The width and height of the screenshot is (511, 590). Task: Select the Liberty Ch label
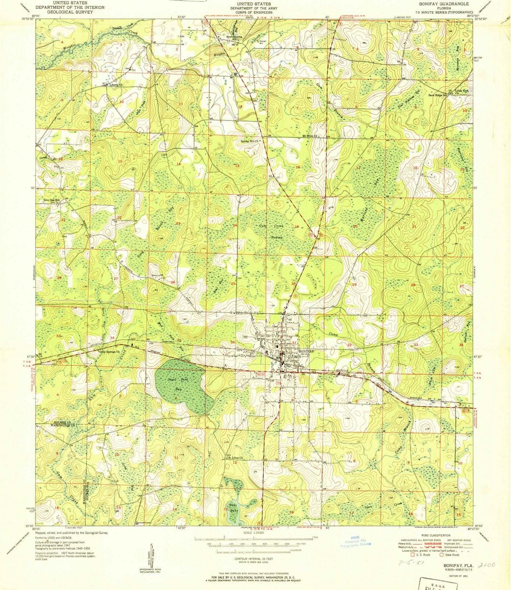(116, 85)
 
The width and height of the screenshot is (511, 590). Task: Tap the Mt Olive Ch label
(309, 136)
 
